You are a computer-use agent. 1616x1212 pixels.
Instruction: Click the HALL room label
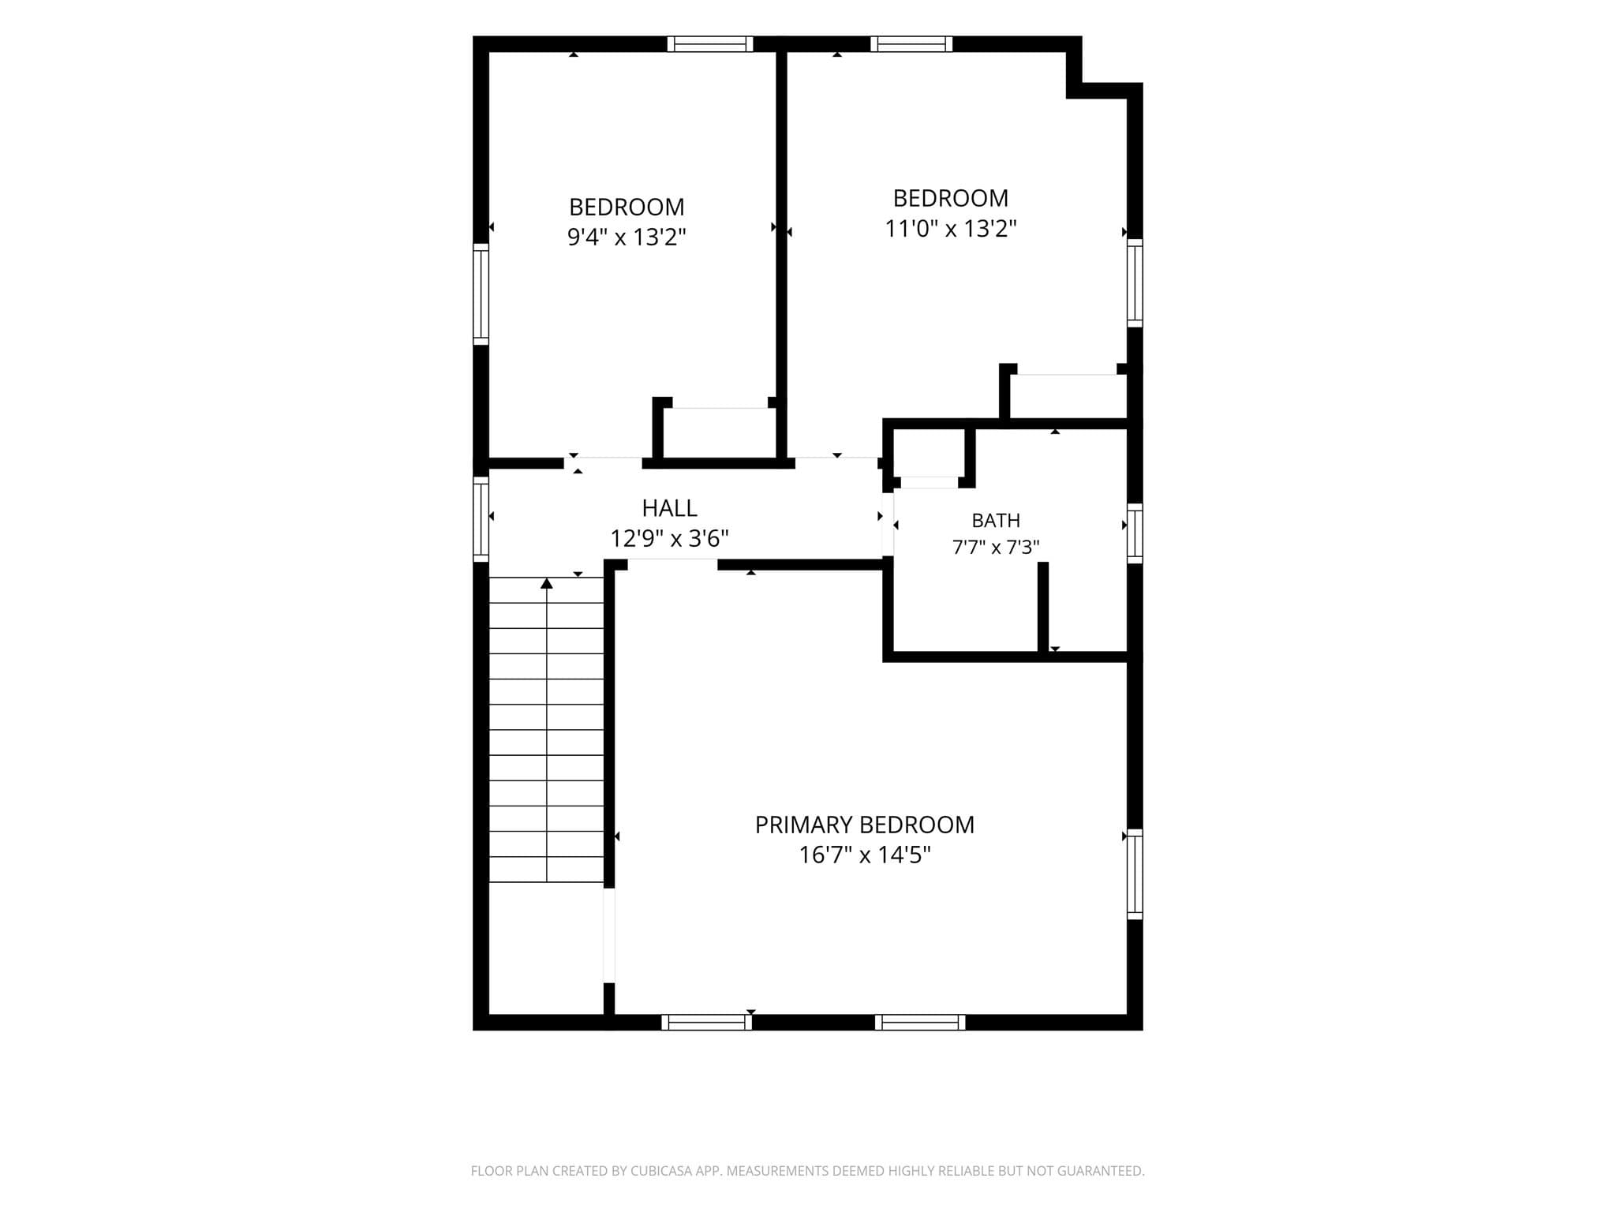(669, 507)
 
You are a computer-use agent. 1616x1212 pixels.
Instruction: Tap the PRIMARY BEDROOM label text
(865, 825)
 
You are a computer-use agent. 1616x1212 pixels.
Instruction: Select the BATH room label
(996, 521)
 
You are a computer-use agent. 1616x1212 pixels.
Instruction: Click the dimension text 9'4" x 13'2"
(627, 237)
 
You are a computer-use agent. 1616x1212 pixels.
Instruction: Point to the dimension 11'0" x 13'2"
(950, 228)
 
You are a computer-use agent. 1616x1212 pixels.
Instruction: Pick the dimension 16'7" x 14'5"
(865, 855)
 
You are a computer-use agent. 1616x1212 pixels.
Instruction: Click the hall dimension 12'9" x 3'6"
(669, 538)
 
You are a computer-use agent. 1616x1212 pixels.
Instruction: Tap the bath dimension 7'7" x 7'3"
(996, 547)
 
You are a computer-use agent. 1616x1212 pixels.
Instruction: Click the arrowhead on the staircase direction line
(546, 583)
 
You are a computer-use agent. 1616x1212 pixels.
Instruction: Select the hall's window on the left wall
(481, 519)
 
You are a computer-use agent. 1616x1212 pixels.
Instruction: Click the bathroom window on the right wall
(1135, 533)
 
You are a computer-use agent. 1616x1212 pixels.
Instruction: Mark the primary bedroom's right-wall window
(1135, 874)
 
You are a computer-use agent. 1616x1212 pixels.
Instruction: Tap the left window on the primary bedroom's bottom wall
(706, 1023)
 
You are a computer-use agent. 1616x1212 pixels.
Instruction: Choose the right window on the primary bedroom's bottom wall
(920, 1023)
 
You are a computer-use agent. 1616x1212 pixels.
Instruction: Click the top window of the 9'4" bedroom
(710, 44)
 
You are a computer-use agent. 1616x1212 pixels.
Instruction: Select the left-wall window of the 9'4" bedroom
(481, 294)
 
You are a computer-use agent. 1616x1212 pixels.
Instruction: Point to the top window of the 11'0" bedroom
(911, 44)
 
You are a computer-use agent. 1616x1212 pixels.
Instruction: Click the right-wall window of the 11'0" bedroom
(1135, 282)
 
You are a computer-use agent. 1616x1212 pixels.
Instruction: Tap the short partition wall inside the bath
(1043, 608)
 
